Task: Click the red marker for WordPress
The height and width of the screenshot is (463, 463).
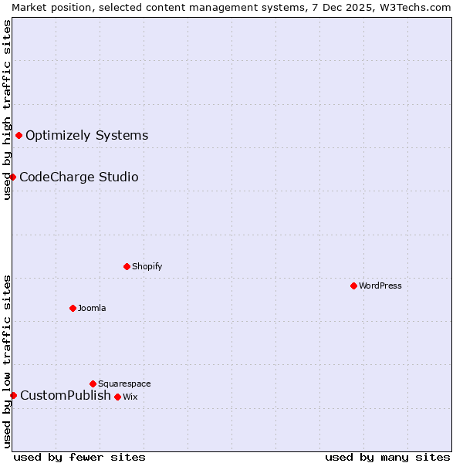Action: pos(353,286)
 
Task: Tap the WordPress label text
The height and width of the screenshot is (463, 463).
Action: pos(380,286)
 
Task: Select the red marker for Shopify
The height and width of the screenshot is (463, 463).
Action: pos(127,266)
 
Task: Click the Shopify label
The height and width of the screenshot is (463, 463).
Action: pos(147,266)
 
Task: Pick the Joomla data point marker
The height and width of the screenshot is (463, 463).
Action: pos(73,308)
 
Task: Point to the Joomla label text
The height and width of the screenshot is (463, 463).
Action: pos(92,308)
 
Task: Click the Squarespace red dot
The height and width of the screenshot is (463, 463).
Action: pos(93,384)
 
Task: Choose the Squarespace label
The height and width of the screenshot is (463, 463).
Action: pos(124,384)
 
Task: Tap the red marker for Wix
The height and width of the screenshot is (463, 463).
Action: pos(117,397)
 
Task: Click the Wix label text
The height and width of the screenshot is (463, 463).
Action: pos(130,397)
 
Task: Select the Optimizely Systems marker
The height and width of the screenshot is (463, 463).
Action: pos(19,136)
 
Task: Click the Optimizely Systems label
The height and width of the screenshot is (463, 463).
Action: pos(86,136)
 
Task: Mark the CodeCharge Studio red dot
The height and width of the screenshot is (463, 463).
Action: pos(12,177)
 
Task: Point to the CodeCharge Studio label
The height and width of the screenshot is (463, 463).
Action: pos(79,177)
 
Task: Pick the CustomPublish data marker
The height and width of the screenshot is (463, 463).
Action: pos(13,395)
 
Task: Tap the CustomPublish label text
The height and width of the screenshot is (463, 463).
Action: pos(66,396)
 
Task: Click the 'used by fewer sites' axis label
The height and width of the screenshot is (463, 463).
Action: pos(79,457)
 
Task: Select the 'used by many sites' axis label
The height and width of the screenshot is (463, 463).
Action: pos(387,457)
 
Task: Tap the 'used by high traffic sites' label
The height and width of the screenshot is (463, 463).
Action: pos(7,110)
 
